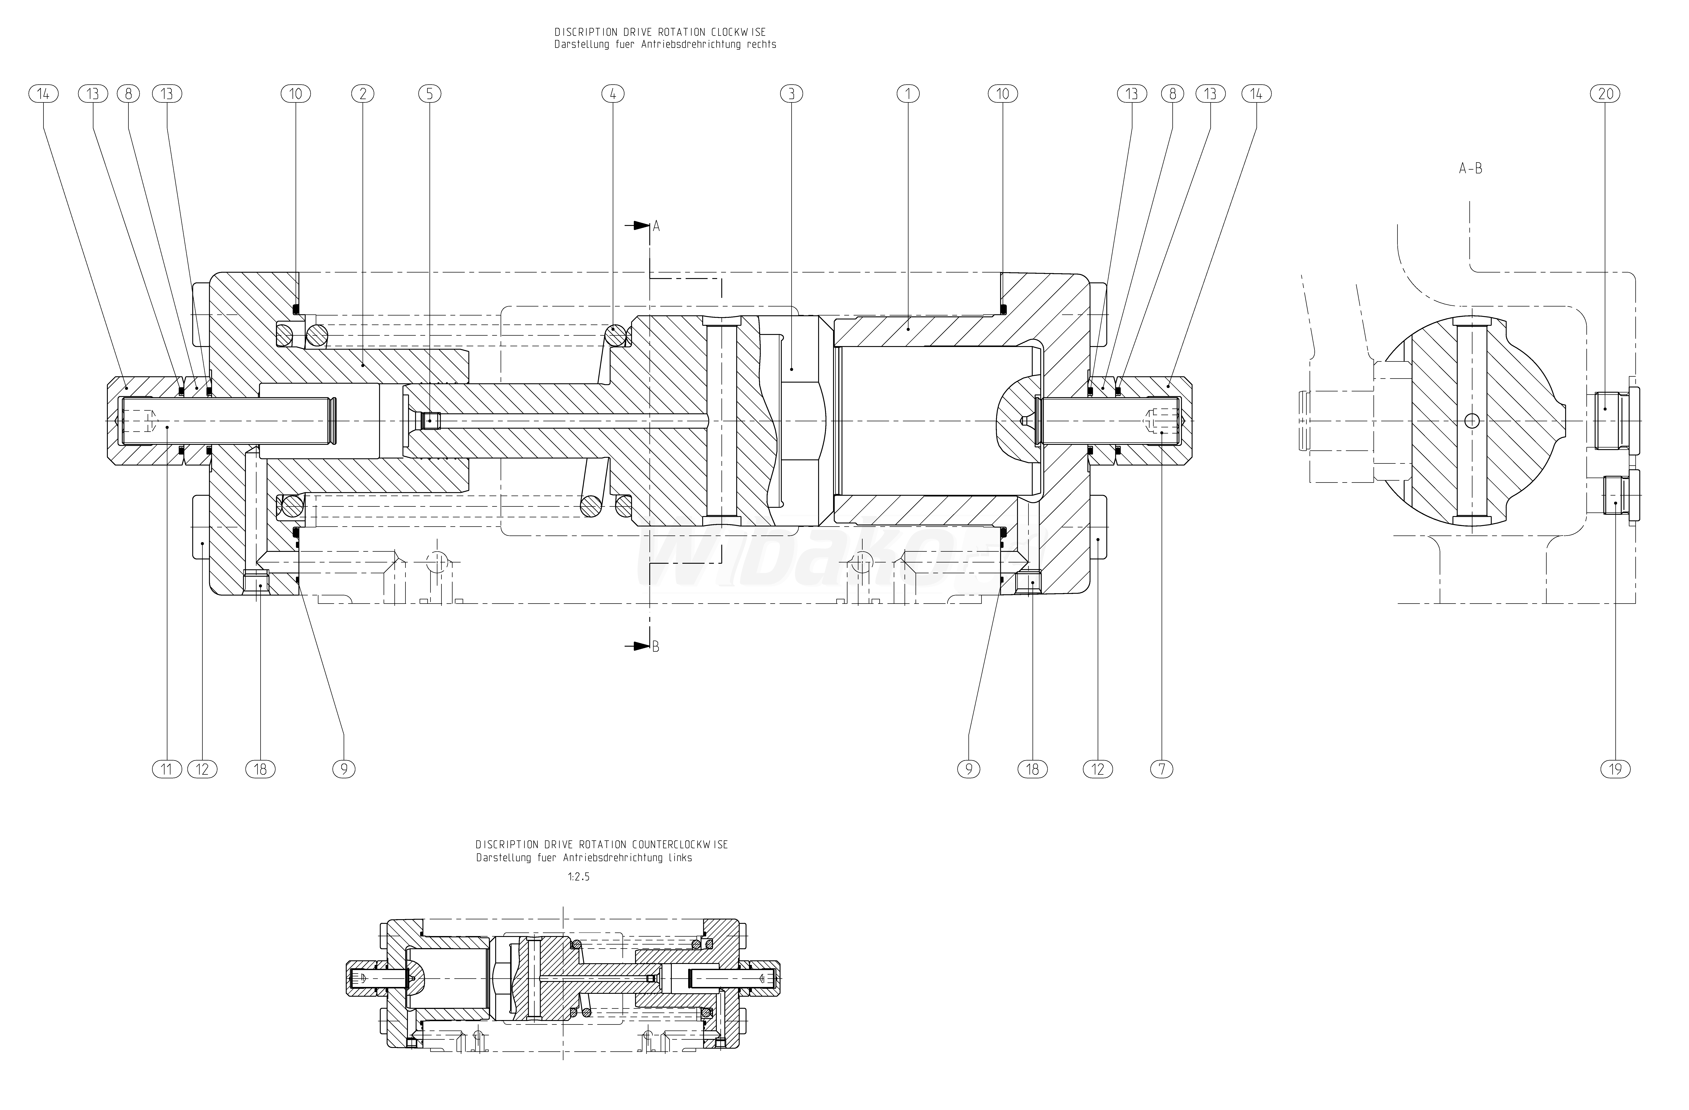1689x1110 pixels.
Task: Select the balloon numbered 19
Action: pos(1616,769)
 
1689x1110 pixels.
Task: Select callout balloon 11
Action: pos(167,769)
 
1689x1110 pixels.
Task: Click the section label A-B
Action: pos(1470,169)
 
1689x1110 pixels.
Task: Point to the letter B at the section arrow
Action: pos(656,647)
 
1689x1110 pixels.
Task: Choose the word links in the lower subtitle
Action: pos(678,857)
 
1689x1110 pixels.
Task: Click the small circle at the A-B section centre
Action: pos(1472,421)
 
